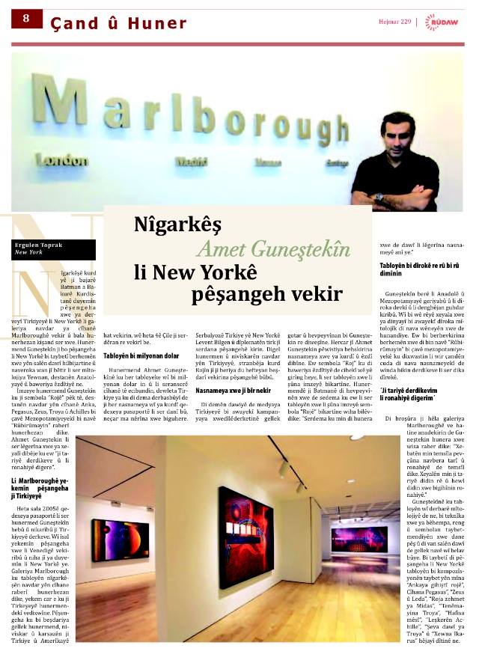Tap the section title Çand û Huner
[118, 23]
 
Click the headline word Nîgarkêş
[180, 224]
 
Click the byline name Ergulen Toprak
[37, 245]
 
